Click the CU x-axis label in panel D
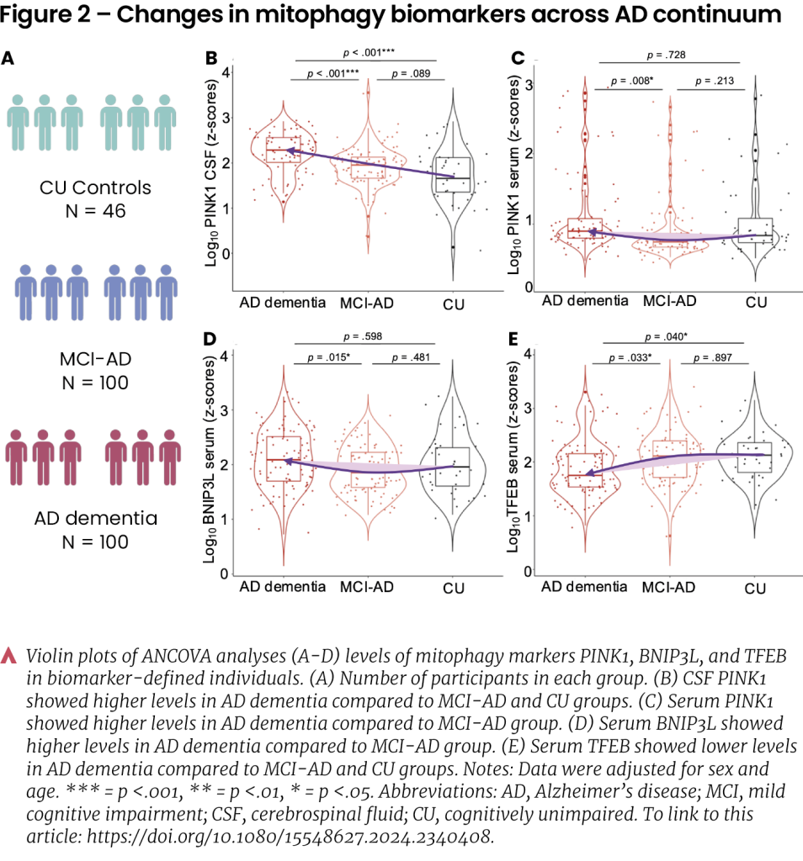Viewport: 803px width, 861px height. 455,586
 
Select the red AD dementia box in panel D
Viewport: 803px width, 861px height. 284,458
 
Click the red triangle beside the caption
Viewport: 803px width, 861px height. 10,655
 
